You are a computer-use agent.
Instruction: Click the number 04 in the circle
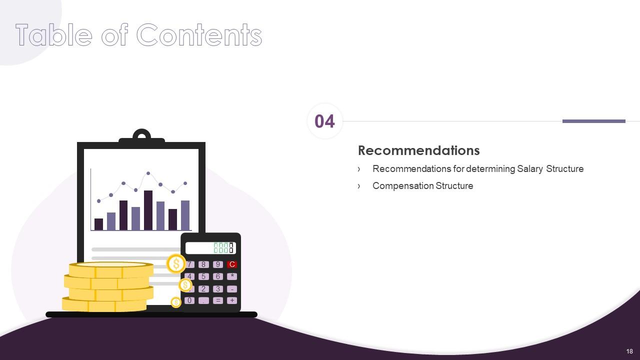[x=324, y=121]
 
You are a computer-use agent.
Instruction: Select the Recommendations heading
[x=418, y=150]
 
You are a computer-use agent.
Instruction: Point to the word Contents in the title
[x=199, y=35]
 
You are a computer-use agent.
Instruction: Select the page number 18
[x=629, y=351]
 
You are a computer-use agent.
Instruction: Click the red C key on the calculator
[x=232, y=264]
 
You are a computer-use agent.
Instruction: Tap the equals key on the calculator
[x=217, y=300]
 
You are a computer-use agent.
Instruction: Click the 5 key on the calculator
[x=203, y=276]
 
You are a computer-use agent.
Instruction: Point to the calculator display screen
[x=210, y=248]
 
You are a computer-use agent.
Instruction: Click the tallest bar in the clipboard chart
[x=148, y=210]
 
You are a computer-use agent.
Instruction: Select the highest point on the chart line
[x=148, y=173]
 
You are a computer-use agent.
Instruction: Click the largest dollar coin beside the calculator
[x=176, y=263]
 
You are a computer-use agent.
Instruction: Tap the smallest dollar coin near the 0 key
[x=176, y=302]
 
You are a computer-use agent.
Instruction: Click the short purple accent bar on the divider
[x=593, y=121]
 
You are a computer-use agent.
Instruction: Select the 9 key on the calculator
[x=217, y=264]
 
